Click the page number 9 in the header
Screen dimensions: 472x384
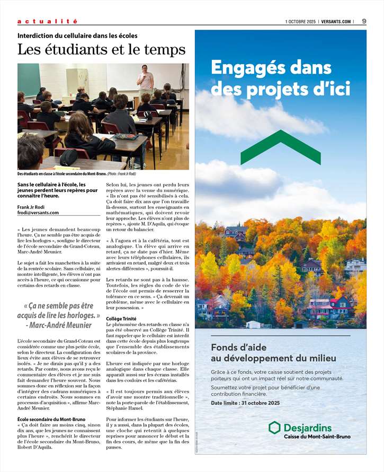pos(364,21)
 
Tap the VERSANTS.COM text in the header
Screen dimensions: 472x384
pos(336,21)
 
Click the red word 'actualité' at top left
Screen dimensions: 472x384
pos(47,21)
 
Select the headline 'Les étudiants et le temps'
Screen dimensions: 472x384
pos(102,50)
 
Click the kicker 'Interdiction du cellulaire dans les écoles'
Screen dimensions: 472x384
pos(77,36)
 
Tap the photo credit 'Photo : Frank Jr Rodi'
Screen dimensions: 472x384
pos(122,174)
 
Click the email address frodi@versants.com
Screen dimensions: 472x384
pos(38,213)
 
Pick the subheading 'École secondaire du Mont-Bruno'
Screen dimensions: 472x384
pos(51,419)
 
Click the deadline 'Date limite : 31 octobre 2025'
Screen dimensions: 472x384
pos(245,403)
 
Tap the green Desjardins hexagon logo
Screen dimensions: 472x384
pos(274,427)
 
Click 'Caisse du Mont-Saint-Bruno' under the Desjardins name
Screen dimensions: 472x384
pos(317,436)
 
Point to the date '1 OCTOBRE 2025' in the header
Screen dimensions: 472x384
pos(300,21)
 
